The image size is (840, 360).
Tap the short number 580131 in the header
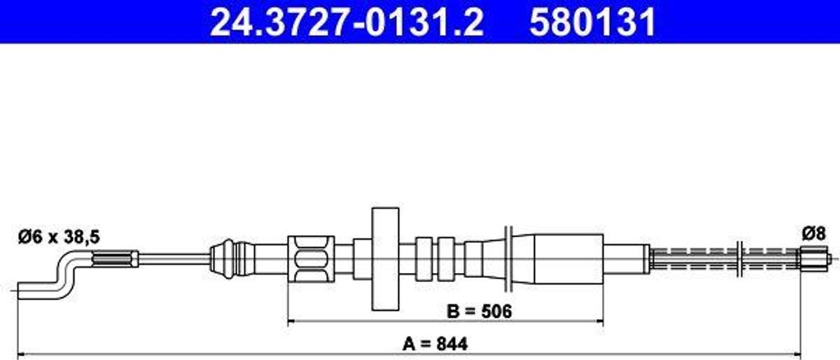(x=592, y=23)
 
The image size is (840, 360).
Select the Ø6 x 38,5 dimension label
(x=58, y=237)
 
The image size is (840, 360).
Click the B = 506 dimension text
(x=480, y=312)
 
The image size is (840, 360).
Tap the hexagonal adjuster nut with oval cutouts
(x=311, y=260)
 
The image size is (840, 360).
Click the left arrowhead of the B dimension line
(x=291, y=322)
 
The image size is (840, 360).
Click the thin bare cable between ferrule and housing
(x=172, y=259)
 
